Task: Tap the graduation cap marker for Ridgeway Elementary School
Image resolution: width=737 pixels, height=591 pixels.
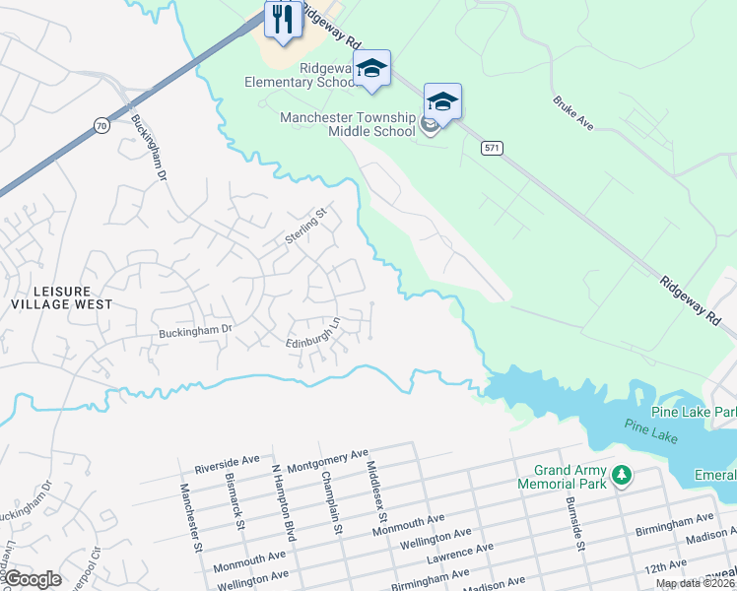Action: coord(371,69)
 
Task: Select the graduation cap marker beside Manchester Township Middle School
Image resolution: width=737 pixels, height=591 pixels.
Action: coord(442,101)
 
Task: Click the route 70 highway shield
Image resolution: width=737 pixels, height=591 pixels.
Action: coord(102,124)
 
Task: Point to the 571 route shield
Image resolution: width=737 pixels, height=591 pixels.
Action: coord(493,147)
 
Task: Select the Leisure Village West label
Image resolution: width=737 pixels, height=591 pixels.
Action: coord(63,297)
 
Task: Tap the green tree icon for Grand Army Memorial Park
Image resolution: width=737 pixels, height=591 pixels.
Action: coord(621,477)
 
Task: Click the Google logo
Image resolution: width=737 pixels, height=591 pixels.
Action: coord(33,579)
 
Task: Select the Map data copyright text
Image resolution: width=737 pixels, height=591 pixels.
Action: coord(695,583)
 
